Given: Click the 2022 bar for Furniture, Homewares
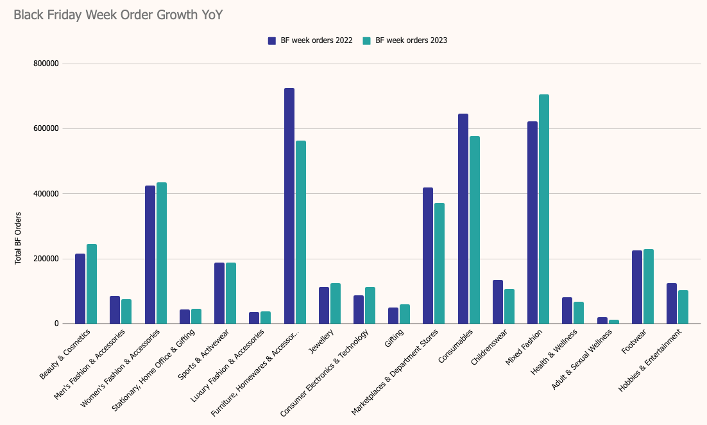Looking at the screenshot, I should click(x=289, y=205).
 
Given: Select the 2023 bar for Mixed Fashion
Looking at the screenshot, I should click(x=544, y=209).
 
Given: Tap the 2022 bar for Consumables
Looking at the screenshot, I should click(x=463, y=218).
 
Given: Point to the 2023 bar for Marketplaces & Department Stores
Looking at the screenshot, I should click(x=439, y=263).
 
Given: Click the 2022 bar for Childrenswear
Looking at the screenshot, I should click(x=498, y=302).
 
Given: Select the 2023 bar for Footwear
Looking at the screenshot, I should click(x=649, y=286).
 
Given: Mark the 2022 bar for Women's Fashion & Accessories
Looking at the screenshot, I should click(x=150, y=254).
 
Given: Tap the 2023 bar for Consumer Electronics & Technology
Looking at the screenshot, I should click(x=370, y=305).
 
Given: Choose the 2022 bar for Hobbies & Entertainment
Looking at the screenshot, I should click(x=672, y=303).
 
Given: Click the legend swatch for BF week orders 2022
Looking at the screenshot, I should click(x=272, y=40).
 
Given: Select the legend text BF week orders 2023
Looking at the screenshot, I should click(x=411, y=40).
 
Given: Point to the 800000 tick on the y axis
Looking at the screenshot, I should click(x=46, y=64).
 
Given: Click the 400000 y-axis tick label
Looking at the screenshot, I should click(x=46, y=194).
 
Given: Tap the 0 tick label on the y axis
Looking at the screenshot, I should click(x=56, y=324).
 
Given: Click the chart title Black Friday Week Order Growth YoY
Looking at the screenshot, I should click(x=118, y=15).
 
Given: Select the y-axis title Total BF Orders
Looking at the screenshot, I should click(x=19, y=238).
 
